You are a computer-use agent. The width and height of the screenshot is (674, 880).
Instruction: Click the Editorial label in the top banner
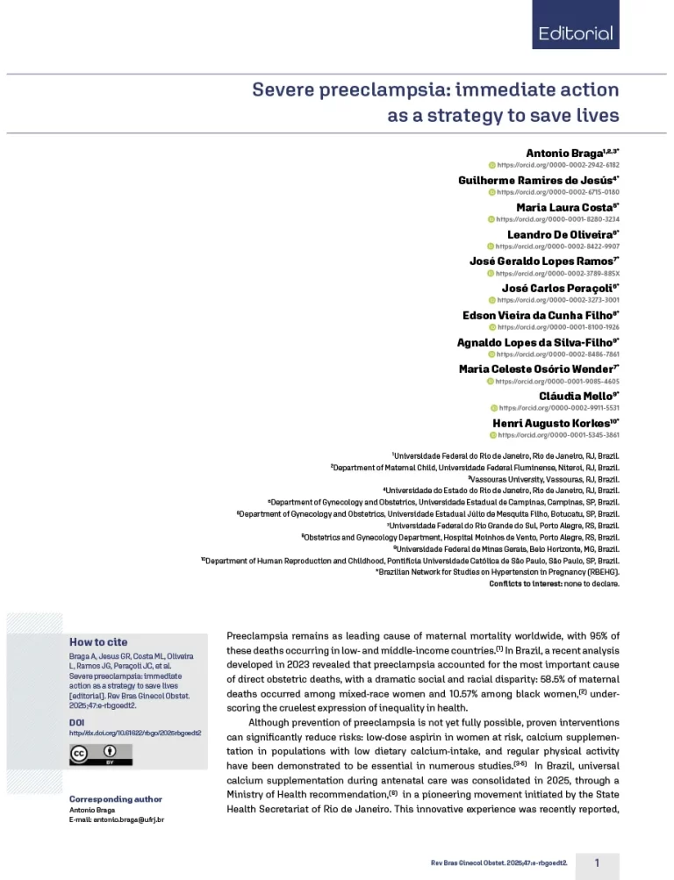tap(576, 34)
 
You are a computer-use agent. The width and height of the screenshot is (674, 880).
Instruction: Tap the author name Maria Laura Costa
tap(566, 208)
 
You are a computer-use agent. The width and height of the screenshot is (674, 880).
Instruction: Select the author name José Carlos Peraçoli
tap(560, 288)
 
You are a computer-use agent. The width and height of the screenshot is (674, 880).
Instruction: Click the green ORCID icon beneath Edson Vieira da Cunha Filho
tap(492, 327)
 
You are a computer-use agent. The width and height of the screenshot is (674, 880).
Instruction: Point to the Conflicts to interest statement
tap(554, 582)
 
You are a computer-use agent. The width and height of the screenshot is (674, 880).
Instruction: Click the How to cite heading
tap(97, 642)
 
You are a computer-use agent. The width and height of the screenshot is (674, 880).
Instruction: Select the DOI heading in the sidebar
tap(76, 721)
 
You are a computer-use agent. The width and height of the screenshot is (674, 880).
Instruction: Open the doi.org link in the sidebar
tap(135, 733)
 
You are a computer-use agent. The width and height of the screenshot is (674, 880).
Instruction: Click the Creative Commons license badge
tap(101, 755)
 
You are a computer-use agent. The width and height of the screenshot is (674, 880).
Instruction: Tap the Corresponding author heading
tap(115, 799)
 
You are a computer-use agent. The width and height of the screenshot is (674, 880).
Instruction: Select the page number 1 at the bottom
tap(597, 862)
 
